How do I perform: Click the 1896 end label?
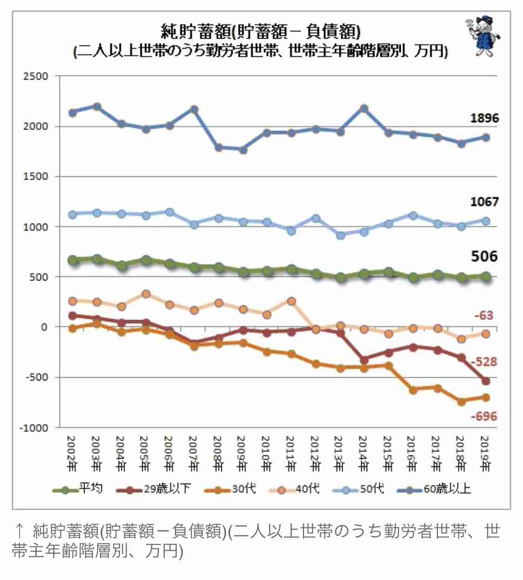[x=484, y=118]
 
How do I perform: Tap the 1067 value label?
[x=484, y=202]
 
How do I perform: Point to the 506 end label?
[x=484, y=256]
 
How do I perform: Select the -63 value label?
[x=483, y=315]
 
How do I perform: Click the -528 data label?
[x=483, y=362]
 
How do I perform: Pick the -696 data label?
[x=483, y=416]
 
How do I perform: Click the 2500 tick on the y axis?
[x=35, y=76]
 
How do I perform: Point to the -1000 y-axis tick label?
[x=33, y=428]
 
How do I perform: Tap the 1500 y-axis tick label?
[x=35, y=177]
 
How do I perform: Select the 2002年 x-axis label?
[x=72, y=453]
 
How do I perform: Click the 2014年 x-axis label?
[x=363, y=453]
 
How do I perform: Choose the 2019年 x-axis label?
[x=484, y=453]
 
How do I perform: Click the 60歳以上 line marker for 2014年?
[x=364, y=109]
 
